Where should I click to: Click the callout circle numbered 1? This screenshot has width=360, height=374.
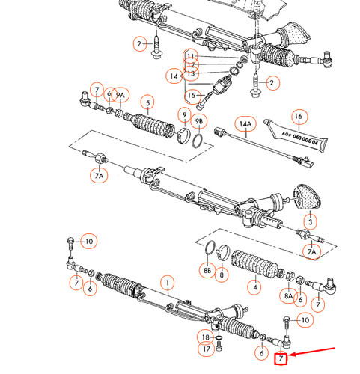click(x=168, y=283)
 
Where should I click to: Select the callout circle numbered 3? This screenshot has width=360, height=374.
click(x=310, y=221)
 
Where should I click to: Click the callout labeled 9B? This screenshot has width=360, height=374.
click(x=200, y=121)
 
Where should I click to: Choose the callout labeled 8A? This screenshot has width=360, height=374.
click(x=288, y=296)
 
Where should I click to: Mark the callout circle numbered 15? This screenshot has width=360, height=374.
click(x=191, y=95)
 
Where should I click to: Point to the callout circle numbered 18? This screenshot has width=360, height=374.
click(x=205, y=337)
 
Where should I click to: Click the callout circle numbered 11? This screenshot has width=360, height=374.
click(x=191, y=56)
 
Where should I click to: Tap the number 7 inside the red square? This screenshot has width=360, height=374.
click(x=281, y=358)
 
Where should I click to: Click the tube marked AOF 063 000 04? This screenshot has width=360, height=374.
click(x=297, y=140)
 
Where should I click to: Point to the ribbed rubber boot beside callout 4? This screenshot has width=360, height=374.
click(x=249, y=263)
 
